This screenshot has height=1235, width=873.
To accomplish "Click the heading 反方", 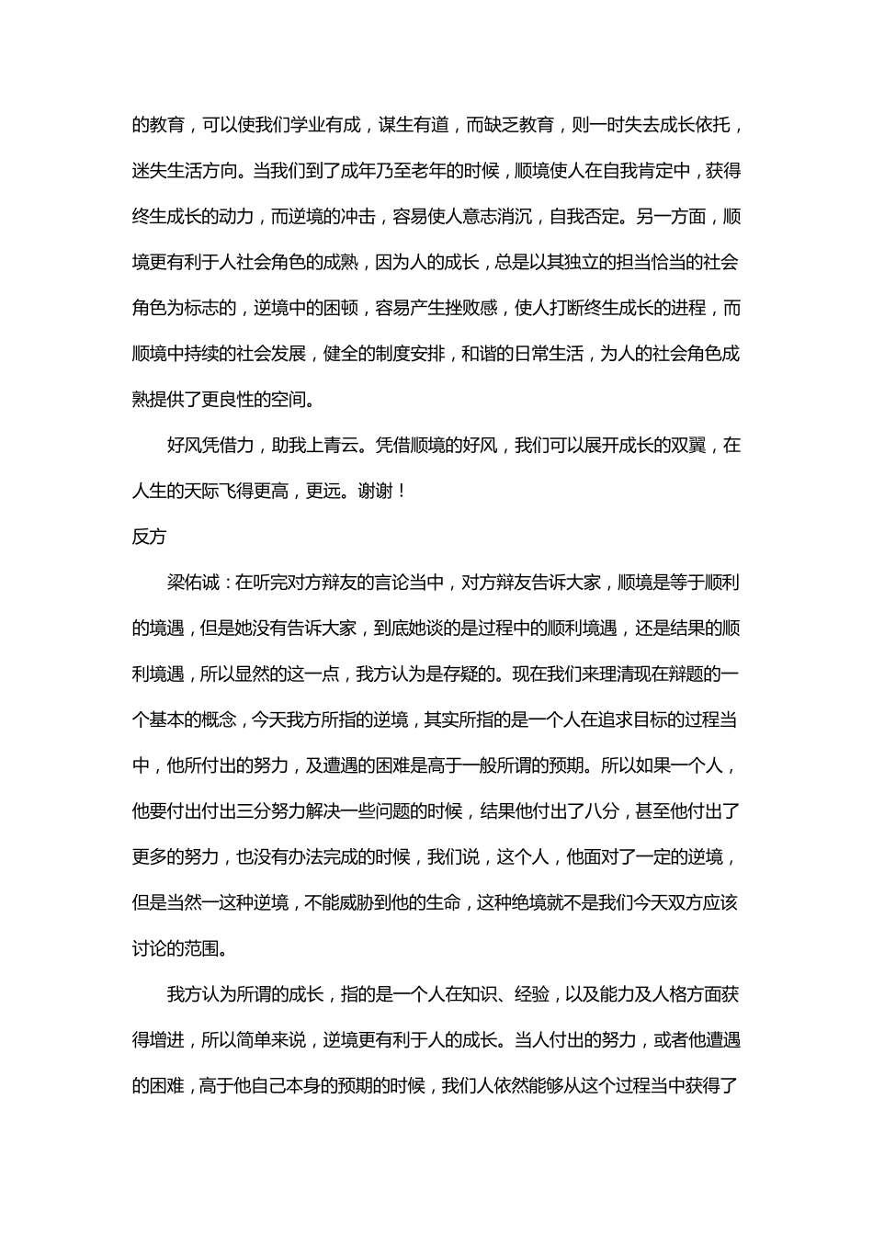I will tap(149, 537).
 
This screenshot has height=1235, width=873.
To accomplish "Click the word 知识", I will tap(481, 994).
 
